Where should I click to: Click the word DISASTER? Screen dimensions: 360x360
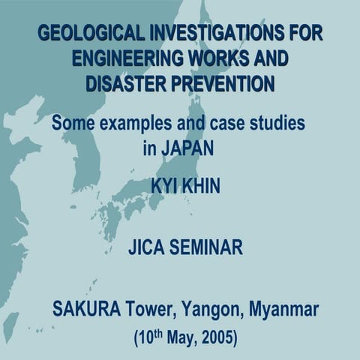[x=125, y=83]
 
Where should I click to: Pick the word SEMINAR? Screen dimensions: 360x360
[x=206, y=247]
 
